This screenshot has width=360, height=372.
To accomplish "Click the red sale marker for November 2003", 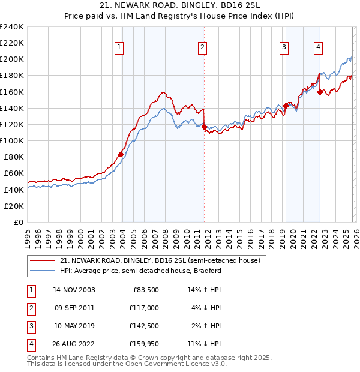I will click(121, 154).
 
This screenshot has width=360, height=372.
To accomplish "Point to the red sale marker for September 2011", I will click(204, 127).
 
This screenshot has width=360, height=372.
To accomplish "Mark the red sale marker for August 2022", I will click(320, 92).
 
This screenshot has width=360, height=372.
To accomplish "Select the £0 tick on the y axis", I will click(17, 222).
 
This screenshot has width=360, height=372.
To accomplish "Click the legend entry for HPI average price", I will click(140, 271).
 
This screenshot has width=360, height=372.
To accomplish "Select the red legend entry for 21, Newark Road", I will click(160, 261).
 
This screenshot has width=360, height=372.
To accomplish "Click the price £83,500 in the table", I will click(145, 290).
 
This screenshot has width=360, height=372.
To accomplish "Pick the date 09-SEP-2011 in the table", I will click(74, 308).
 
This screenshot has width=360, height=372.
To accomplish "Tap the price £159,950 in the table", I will click(143, 344).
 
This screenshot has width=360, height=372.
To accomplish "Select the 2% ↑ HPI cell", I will click(207, 326).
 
